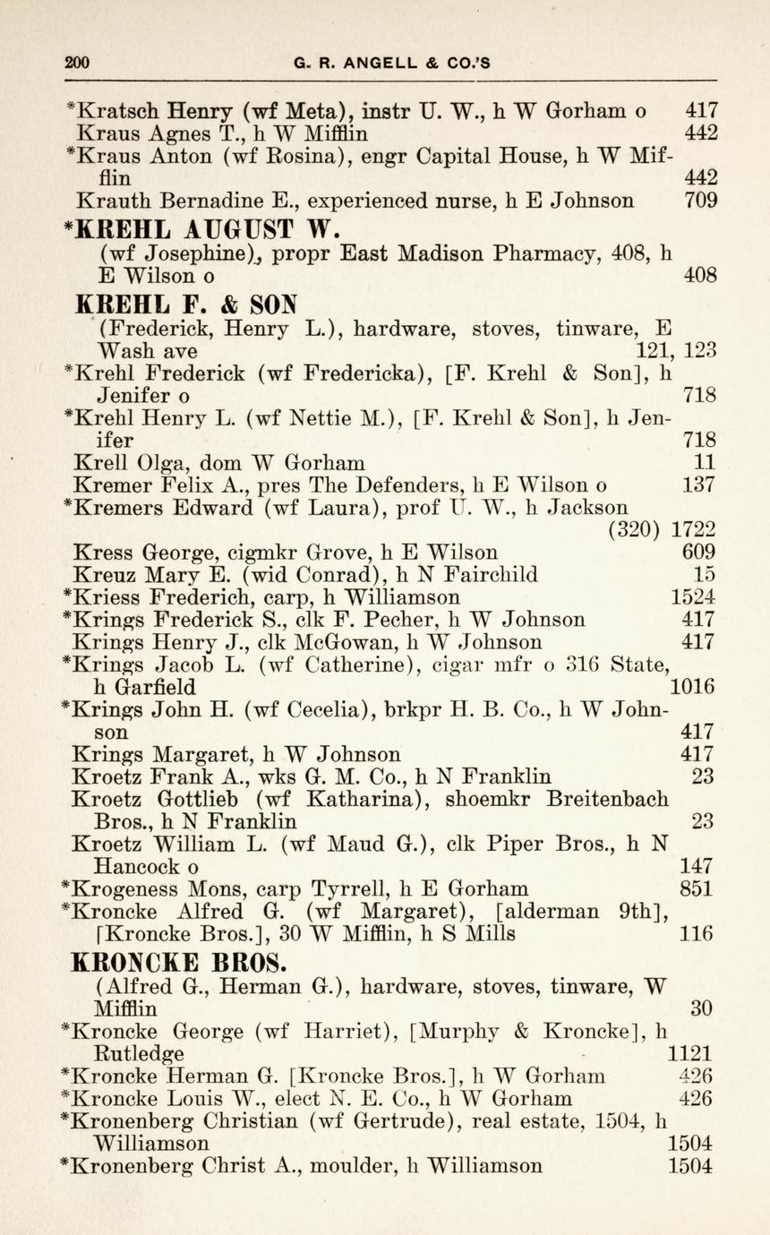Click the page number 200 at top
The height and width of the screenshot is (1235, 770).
coord(78,63)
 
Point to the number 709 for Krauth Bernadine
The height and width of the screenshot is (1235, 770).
coord(700,201)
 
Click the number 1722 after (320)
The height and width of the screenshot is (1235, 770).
coord(693,530)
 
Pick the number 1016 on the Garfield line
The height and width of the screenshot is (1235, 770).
coord(692,687)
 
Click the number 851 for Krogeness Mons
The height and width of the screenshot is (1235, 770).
coord(697,888)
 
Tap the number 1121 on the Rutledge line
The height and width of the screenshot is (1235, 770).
coord(689,1053)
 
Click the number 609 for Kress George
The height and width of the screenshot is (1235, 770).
coord(698,553)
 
